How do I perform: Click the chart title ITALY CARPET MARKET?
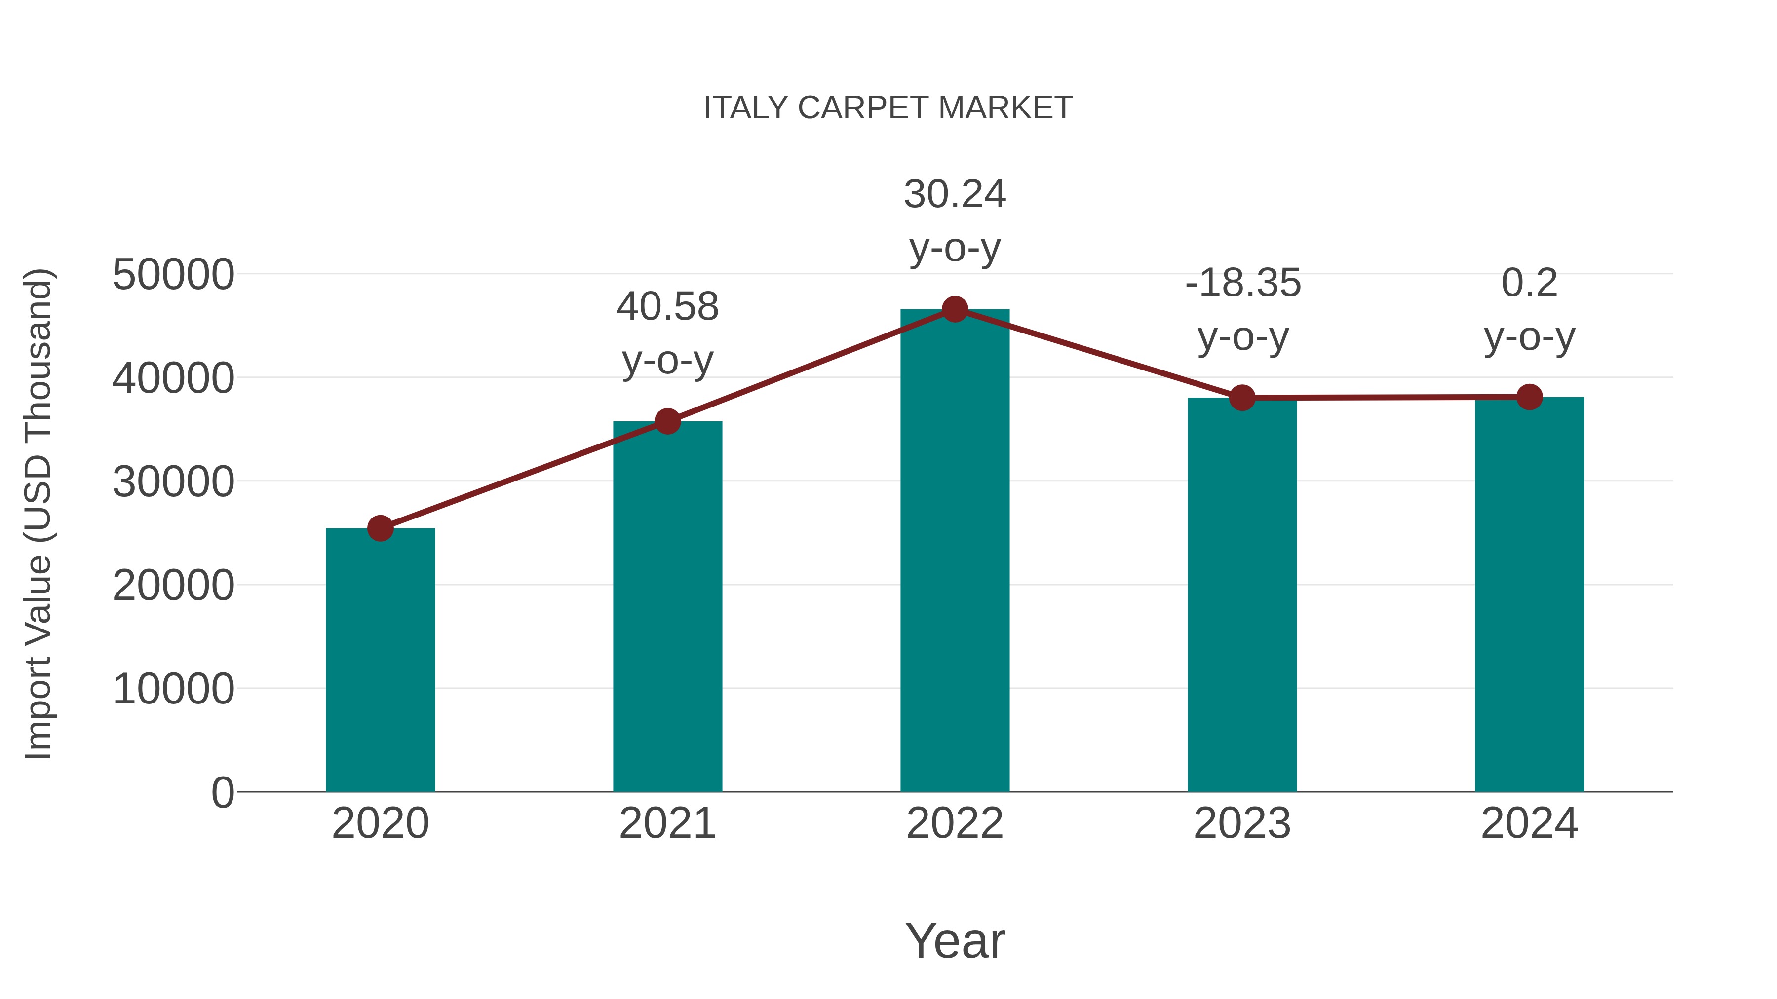click(888, 108)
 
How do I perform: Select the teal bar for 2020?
click(380, 662)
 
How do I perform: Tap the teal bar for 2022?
click(955, 552)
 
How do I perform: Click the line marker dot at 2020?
click(380, 529)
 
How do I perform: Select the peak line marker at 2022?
click(955, 309)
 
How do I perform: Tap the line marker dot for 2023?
click(1242, 398)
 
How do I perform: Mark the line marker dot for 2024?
click(1529, 397)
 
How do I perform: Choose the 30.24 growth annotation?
click(955, 194)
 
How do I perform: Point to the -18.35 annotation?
click(1243, 283)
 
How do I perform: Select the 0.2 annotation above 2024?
click(1529, 283)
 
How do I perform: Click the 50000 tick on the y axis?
click(173, 275)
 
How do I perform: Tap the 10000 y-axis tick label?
click(173, 689)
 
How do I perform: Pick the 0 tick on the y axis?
click(223, 792)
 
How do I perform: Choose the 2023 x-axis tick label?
click(1242, 823)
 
